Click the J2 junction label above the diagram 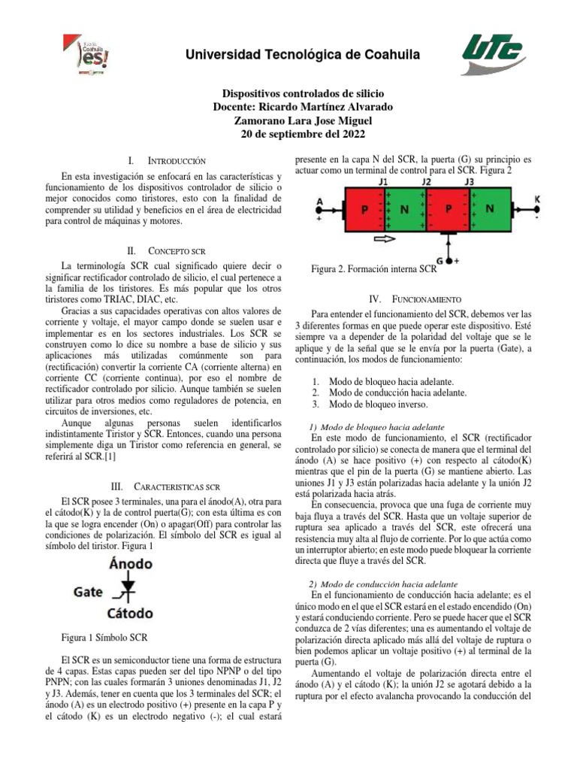click(x=426, y=182)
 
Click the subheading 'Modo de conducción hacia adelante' click(x=389, y=584)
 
